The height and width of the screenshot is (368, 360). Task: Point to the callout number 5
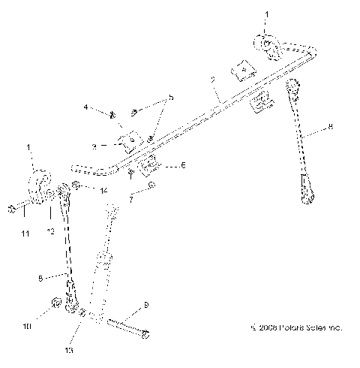pos(169,98)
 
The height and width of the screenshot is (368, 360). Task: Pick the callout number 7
pos(132,201)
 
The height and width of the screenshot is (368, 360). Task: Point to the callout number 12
pos(51,234)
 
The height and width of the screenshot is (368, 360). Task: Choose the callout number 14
pos(103,191)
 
